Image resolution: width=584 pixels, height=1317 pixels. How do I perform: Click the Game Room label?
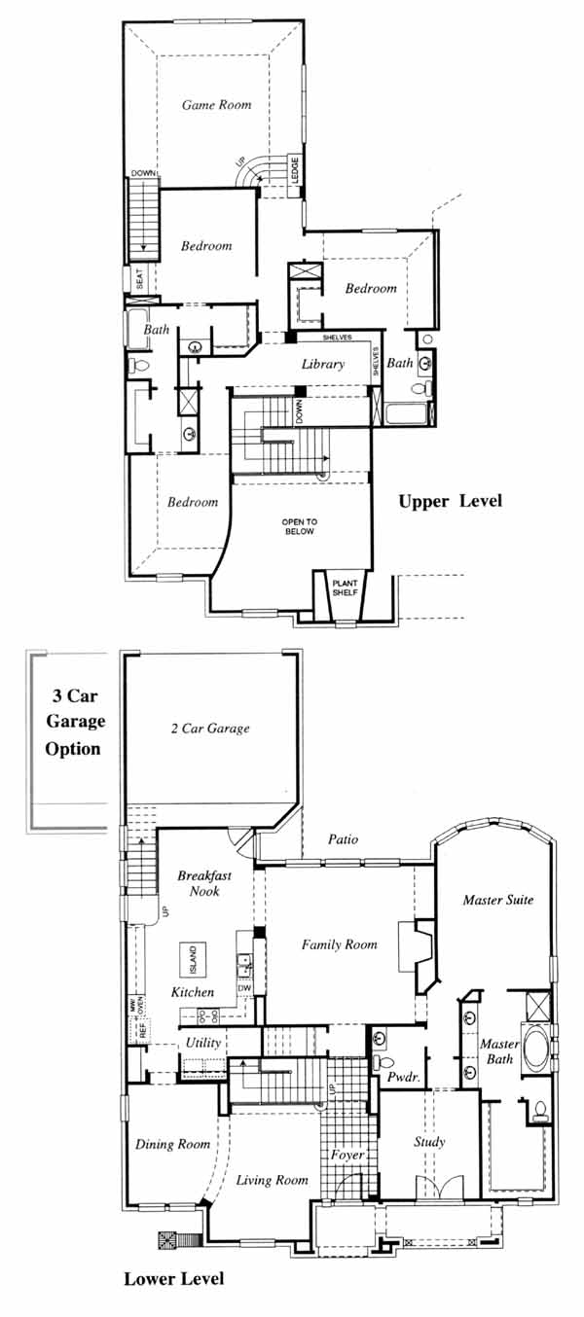coord(216,105)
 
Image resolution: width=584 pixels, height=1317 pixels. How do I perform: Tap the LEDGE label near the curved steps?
coord(295,169)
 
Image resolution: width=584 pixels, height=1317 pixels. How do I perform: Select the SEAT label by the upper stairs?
coord(140,279)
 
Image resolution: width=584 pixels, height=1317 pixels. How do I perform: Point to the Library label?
coord(323,364)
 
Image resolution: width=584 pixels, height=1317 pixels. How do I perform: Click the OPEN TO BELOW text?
coord(300,526)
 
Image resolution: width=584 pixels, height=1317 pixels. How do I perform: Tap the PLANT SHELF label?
coord(345,587)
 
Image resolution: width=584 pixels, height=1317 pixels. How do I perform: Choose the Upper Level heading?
coord(451,502)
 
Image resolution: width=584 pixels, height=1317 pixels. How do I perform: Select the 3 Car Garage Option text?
coord(75,722)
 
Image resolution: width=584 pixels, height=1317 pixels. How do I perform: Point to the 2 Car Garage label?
coord(210,729)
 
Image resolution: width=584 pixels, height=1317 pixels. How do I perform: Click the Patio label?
coord(343,839)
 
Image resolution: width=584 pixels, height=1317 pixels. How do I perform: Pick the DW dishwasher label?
coord(244,988)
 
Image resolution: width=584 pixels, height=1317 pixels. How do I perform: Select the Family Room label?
coord(340,944)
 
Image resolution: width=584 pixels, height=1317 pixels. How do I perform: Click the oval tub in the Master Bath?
coord(535,1048)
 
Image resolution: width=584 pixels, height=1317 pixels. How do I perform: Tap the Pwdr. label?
coord(403,1078)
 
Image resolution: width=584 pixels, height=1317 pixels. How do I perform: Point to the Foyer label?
coord(347,1155)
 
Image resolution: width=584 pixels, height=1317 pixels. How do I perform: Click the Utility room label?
coord(203,1043)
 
